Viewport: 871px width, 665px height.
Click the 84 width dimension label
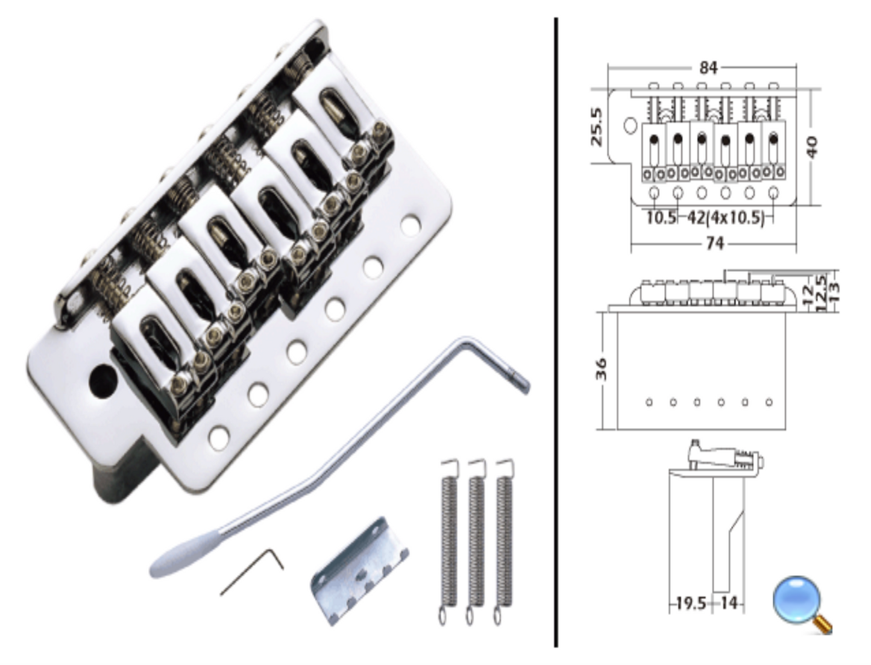(x=708, y=67)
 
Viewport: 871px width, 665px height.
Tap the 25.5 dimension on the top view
(x=597, y=127)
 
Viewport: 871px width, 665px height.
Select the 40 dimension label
(x=813, y=147)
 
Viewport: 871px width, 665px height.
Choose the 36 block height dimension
(x=602, y=369)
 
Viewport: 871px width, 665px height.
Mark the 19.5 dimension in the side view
(x=690, y=603)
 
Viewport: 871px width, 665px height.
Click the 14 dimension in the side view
(x=729, y=603)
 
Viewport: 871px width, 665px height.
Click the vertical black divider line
(x=555, y=332)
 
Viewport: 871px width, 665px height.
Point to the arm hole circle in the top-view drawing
(x=630, y=125)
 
